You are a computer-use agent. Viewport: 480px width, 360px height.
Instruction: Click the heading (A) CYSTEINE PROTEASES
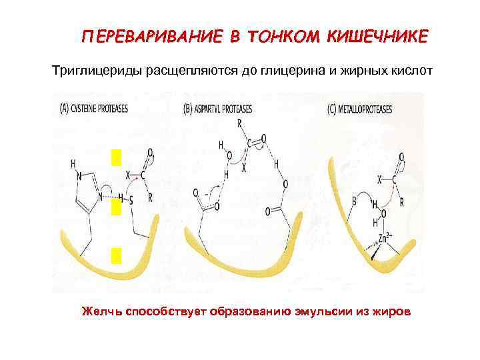pos(95,107)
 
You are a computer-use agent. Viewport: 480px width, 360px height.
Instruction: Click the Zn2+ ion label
pos(385,237)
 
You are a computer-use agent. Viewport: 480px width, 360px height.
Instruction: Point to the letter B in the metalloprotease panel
pos(355,199)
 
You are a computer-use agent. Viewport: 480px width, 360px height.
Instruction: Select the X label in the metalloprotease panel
pos(379,179)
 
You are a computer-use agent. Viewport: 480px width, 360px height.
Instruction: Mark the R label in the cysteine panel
pos(149,197)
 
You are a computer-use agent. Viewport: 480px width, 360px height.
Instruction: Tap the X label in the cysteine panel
pos(128,174)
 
